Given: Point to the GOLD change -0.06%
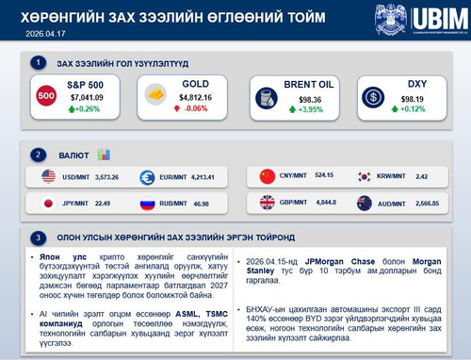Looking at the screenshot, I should click(x=195, y=108).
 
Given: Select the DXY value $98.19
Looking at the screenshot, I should click(x=414, y=97).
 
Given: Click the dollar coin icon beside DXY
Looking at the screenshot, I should click(x=375, y=96).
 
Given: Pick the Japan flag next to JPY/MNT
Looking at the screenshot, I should click(x=49, y=203).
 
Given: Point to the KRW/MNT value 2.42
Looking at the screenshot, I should click(x=422, y=176).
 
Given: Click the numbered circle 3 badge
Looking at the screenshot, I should click(x=37, y=236).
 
